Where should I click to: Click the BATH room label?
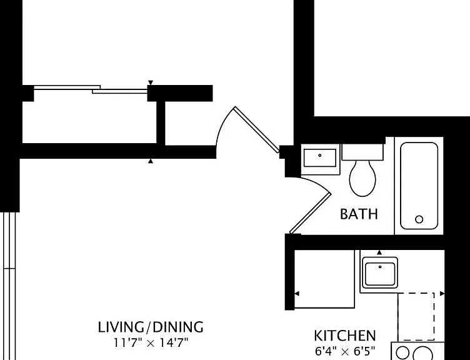(359, 214)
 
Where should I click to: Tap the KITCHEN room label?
(345, 336)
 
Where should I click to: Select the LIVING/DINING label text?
(151, 327)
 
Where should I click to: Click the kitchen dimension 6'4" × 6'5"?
(345, 351)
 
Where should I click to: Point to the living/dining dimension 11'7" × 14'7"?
(151, 342)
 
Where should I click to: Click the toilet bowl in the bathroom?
(362, 178)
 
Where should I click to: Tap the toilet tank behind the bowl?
(362, 152)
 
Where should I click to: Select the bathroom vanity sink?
(320, 158)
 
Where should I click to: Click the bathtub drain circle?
(419, 219)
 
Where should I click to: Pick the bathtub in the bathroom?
(419, 186)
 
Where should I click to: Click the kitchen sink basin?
(380, 274)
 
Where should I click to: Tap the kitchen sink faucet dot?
(380, 267)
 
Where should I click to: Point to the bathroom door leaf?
(310, 213)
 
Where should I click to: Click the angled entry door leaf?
(257, 129)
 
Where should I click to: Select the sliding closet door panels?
(91, 89)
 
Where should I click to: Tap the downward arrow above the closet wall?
(151, 82)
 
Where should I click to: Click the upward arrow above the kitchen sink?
(379, 252)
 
